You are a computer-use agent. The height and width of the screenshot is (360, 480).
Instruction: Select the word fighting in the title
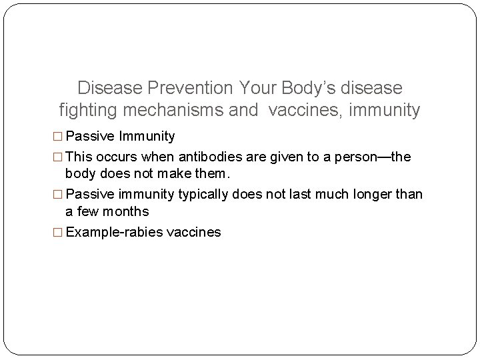coord(87,111)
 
